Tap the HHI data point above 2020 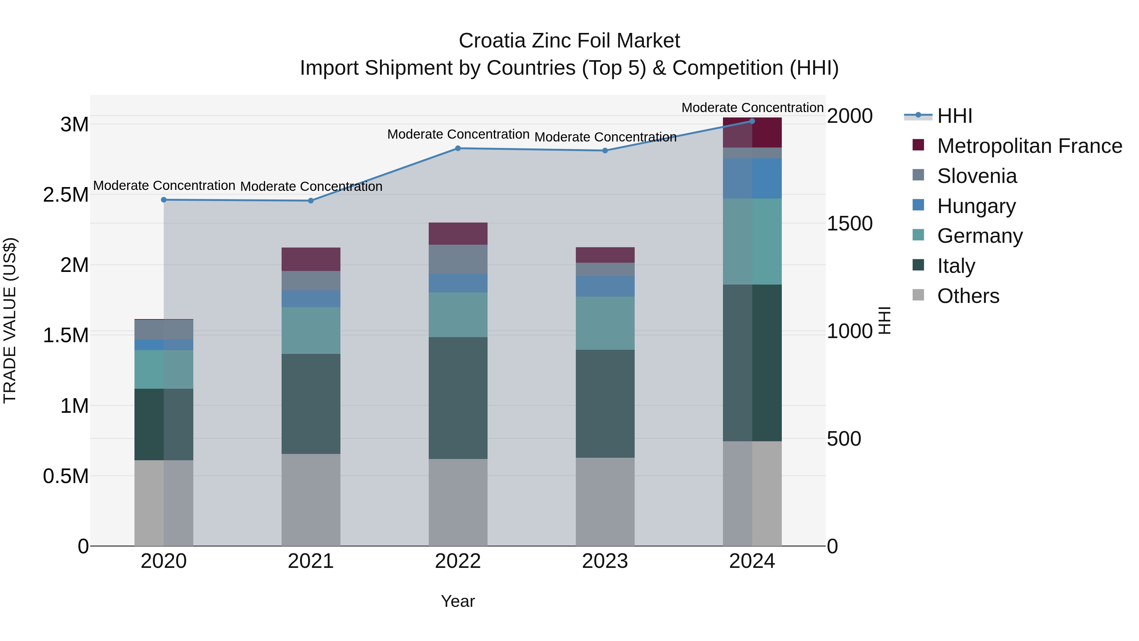(164, 200)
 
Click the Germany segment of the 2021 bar (311, 330)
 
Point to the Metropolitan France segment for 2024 (752, 133)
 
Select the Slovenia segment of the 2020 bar (164, 330)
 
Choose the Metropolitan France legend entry (1029, 146)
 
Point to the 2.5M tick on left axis (66, 195)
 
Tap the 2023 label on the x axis (605, 561)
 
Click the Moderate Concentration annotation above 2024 (752, 108)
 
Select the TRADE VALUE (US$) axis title (10, 320)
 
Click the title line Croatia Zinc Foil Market (569, 41)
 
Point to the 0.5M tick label (66, 476)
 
